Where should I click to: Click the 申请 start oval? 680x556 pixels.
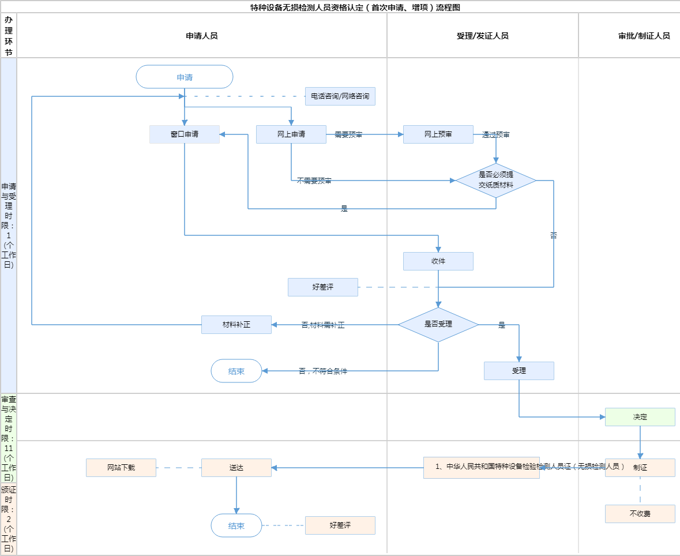185,77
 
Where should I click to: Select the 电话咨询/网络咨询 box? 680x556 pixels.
340,96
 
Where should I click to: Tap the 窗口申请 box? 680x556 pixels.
185,134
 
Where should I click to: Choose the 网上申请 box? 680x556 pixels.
291,134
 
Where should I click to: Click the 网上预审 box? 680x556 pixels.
438,134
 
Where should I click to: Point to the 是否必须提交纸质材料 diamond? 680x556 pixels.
496,181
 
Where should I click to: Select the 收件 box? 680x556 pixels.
438,261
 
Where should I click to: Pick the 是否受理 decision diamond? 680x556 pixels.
438,325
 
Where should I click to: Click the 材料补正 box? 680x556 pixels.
236,325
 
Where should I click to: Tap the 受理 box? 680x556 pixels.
519,371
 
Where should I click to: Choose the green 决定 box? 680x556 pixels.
640,417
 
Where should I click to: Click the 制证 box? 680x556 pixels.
640,468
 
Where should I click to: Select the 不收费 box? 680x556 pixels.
640,514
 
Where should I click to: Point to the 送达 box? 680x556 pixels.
236,468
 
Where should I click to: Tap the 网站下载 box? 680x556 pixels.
121,468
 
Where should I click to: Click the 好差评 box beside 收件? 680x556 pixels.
323,287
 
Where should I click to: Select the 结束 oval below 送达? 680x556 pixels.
236,525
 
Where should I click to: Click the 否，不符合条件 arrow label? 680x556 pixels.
323,371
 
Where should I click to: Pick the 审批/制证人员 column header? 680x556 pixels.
644,36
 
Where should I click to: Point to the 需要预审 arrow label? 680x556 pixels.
348,135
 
